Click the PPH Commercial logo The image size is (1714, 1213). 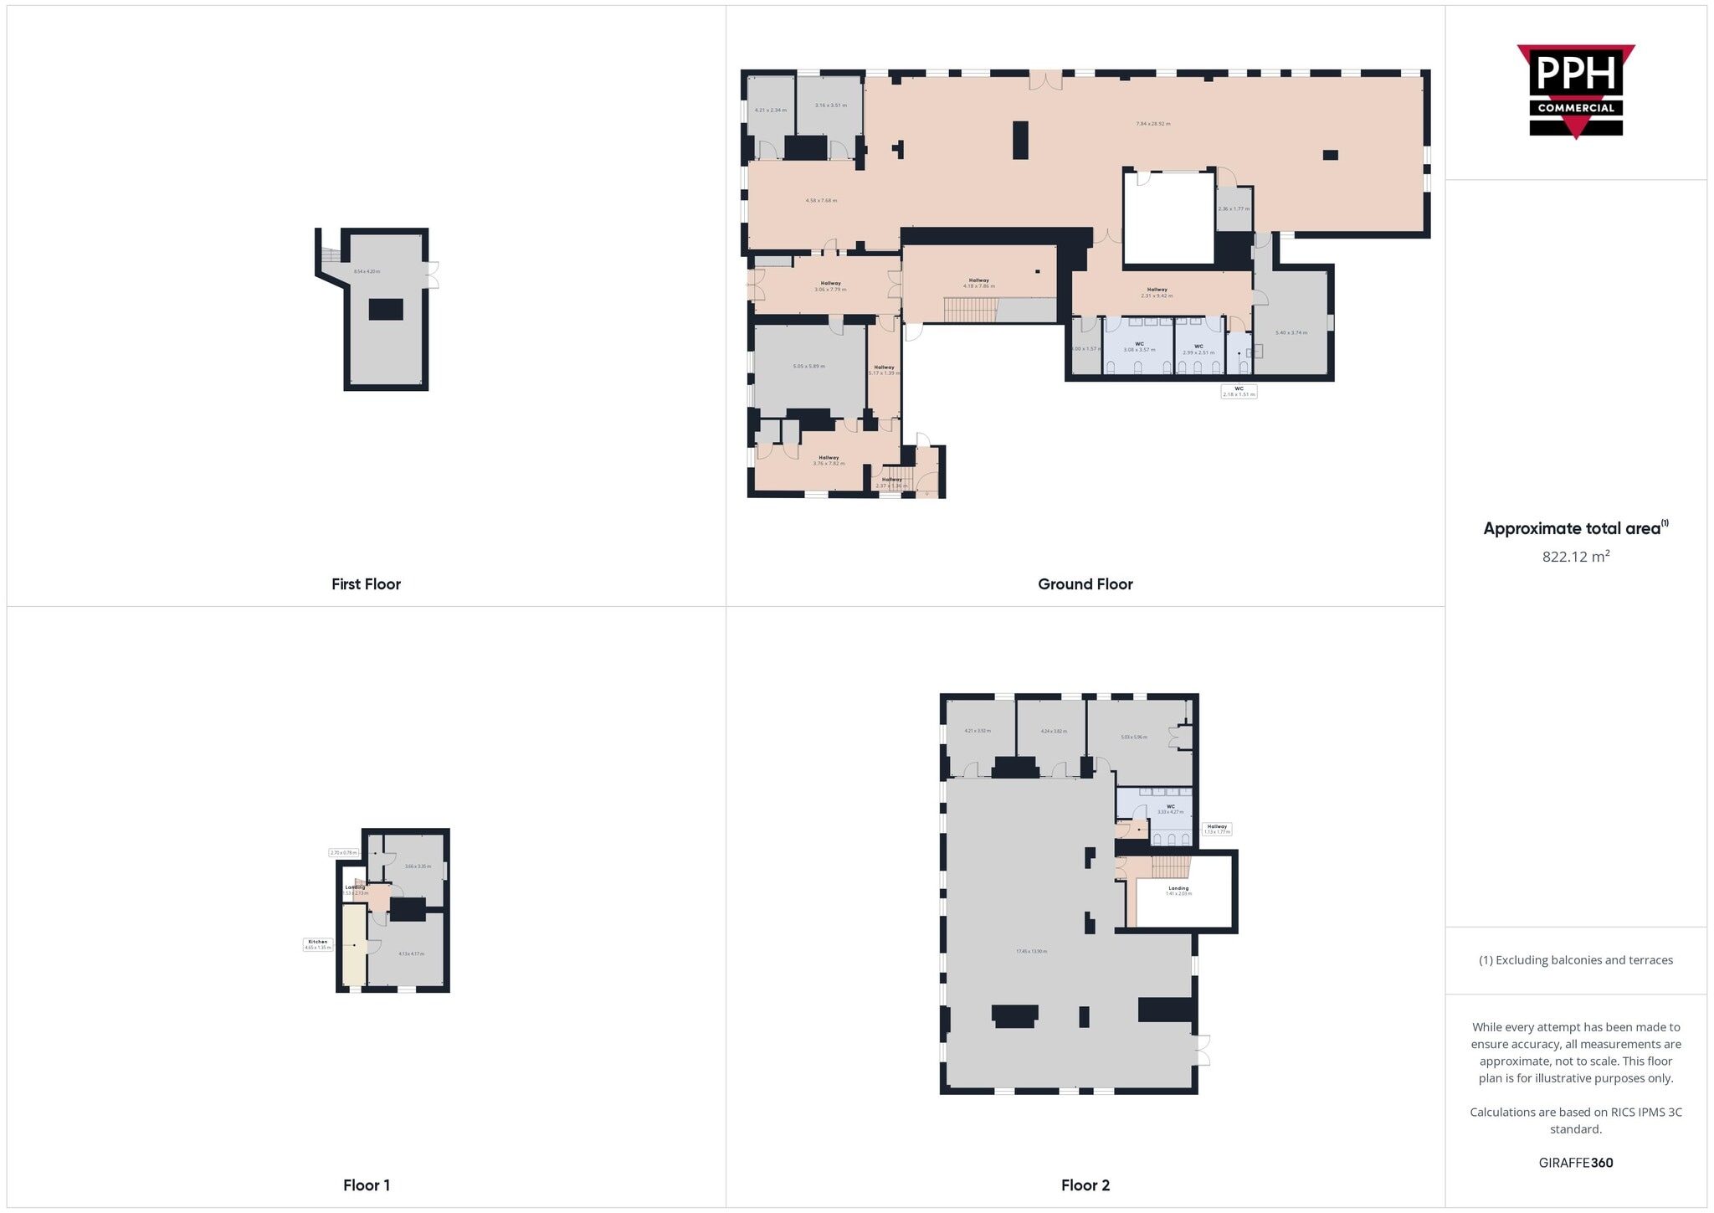[1575, 90]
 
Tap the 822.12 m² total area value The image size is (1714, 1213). [1575, 557]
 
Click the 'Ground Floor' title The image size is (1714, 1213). [1085, 584]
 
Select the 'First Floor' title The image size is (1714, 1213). [366, 584]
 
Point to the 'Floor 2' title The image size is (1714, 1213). [1085, 1185]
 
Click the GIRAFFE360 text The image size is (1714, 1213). [1575, 1163]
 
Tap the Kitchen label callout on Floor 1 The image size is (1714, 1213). [318, 944]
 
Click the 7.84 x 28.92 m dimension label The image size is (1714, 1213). [1152, 124]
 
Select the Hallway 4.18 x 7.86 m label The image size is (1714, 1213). [978, 283]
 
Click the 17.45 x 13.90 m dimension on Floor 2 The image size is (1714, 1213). [1031, 951]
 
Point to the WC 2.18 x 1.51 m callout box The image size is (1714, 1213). [1239, 391]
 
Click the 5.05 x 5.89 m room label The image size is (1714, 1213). [808, 366]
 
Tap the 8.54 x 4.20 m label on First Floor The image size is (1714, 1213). [367, 271]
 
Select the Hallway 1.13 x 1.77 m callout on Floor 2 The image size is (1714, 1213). [1216, 829]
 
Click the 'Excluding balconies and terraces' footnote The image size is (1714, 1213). [1575, 960]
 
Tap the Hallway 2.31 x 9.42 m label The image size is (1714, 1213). [1157, 292]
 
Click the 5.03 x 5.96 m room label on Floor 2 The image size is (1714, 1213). [1133, 737]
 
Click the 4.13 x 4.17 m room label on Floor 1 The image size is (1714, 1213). [411, 953]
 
